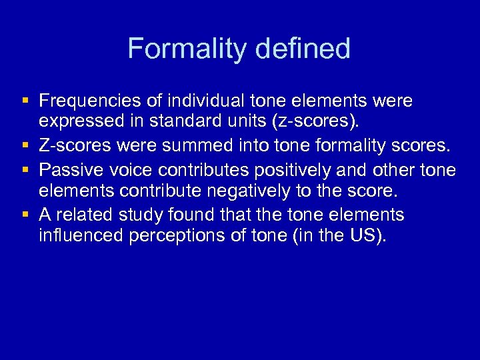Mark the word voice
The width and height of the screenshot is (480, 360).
point(128,169)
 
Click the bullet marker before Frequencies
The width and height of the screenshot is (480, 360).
point(25,101)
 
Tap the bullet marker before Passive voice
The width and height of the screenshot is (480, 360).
point(25,169)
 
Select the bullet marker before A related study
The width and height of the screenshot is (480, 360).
point(25,215)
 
